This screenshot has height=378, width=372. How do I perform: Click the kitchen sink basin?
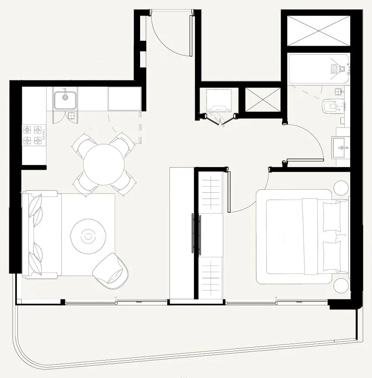tap(65, 100)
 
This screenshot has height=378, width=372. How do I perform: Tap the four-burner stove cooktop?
tap(34, 135)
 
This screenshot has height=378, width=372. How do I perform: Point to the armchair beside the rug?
tap(111, 271)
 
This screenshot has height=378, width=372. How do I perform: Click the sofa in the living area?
tap(38, 235)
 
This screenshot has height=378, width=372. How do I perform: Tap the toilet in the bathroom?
tap(330, 106)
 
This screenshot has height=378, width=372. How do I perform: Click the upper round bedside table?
tap(341, 187)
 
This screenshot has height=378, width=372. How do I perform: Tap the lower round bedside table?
tap(341, 285)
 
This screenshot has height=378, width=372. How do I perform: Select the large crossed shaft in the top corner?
tap(319, 30)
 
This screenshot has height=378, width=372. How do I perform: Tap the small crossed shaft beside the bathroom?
tap(263, 99)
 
